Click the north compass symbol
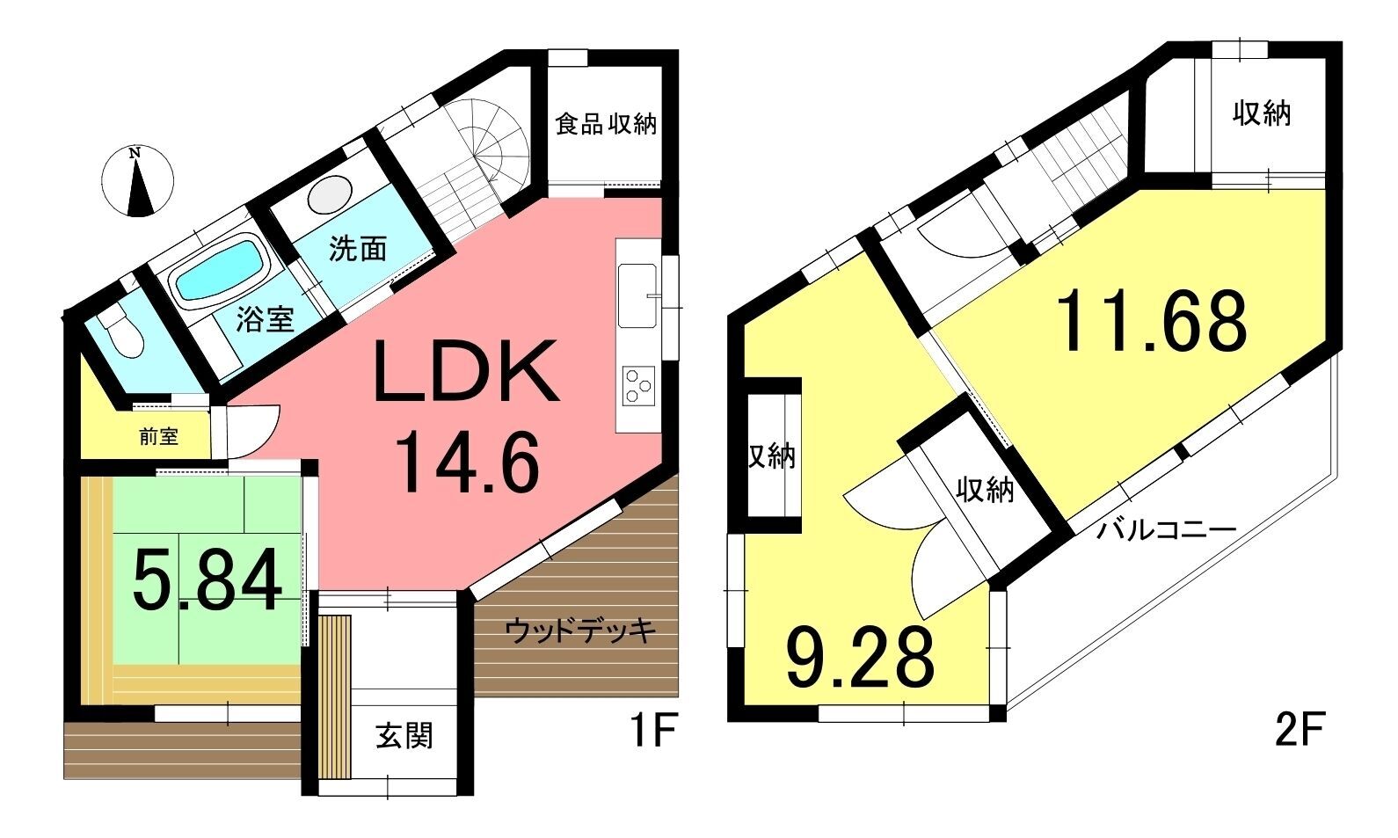[137, 181]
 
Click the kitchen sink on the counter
[637, 295]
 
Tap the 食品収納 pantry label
[606, 124]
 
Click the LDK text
[465, 372]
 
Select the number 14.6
[467, 461]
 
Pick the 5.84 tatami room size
[207, 579]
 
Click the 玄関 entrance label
[404, 736]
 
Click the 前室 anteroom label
[159, 436]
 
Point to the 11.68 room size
[1152, 322]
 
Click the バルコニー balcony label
[1166, 531]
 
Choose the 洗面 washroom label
[358, 248]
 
